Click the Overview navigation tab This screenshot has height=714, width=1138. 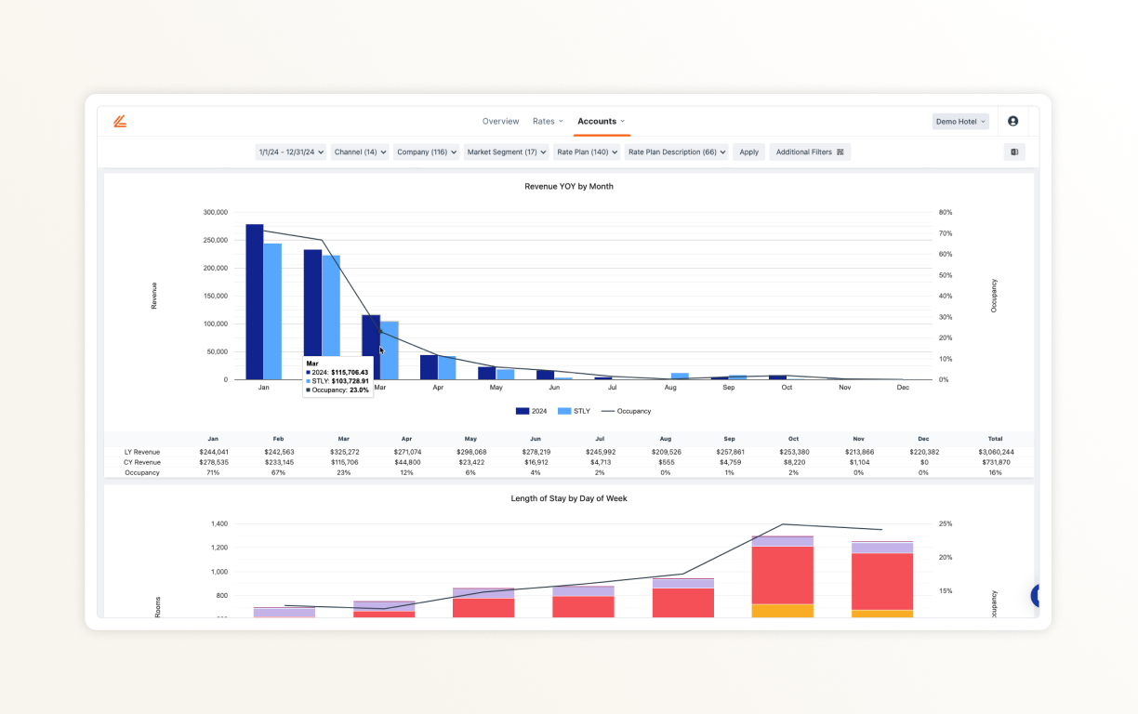(x=500, y=122)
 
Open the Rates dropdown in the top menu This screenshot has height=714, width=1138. (x=548, y=122)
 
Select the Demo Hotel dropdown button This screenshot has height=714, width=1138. (x=960, y=122)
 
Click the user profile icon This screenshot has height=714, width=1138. (x=1012, y=122)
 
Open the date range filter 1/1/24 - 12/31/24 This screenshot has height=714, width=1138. (x=290, y=152)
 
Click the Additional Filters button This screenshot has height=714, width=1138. (x=810, y=152)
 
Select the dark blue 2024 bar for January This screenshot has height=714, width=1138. (x=255, y=302)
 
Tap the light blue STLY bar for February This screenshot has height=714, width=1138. (x=331, y=317)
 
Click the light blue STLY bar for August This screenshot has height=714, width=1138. (x=680, y=376)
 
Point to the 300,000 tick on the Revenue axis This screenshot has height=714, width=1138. (x=215, y=213)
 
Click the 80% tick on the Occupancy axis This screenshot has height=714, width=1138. (x=945, y=213)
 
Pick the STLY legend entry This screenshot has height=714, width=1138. (x=574, y=411)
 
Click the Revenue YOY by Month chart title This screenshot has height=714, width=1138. (x=568, y=187)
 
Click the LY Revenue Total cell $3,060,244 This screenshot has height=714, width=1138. (x=996, y=452)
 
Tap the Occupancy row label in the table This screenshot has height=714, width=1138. (x=142, y=472)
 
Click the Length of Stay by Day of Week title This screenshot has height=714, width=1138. (x=568, y=499)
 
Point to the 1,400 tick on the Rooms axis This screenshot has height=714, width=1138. (x=218, y=524)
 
